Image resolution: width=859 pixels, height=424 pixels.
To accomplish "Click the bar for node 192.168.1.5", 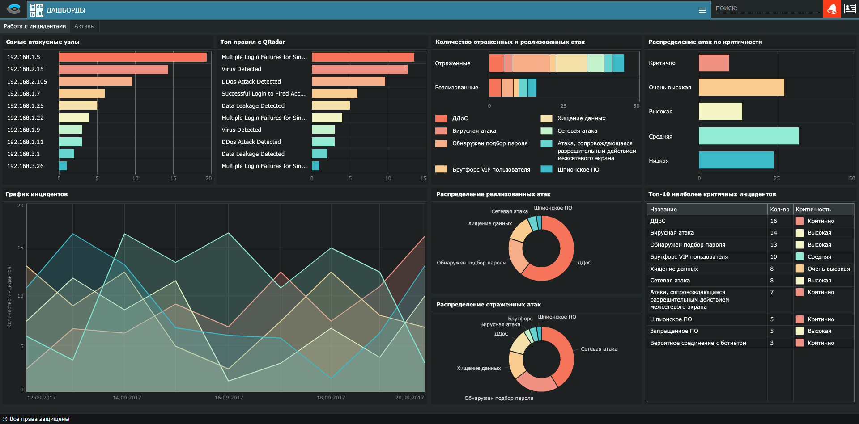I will (x=132, y=57).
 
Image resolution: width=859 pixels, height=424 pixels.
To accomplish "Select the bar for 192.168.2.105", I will (x=95, y=81).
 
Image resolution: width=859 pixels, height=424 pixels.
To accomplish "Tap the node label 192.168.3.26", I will (x=25, y=166).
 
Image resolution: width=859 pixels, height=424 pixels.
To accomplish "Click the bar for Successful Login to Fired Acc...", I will (x=334, y=93).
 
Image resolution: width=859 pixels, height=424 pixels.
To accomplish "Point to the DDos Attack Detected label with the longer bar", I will (x=251, y=82).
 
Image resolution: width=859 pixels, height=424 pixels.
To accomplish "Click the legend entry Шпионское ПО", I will (x=578, y=170).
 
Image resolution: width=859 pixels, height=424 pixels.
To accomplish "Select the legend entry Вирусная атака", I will (x=474, y=131).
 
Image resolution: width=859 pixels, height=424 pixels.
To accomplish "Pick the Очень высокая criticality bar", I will (x=741, y=87).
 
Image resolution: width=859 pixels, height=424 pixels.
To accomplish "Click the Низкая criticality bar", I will (x=736, y=160).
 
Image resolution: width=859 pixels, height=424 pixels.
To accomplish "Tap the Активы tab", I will (x=85, y=26).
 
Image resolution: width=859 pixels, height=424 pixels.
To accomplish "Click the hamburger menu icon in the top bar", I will (x=702, y=10).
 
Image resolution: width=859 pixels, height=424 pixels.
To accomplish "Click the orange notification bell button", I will (x=832, y=9).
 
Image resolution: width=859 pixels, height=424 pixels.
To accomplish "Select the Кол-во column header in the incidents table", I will (x=779, y=210).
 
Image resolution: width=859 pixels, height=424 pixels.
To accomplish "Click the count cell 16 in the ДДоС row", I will (x=774, y=221).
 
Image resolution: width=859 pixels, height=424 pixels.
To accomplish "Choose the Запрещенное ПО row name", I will (x=674, y=331).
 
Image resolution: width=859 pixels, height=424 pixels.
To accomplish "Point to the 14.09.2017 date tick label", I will (x=127, y=398).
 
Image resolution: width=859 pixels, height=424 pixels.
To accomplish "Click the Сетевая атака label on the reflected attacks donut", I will (x=599, y=349).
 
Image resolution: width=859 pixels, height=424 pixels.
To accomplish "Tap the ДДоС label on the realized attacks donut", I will (x=584, y=263).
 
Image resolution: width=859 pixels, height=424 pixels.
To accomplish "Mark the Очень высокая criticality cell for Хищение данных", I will (x=828, y=269).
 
